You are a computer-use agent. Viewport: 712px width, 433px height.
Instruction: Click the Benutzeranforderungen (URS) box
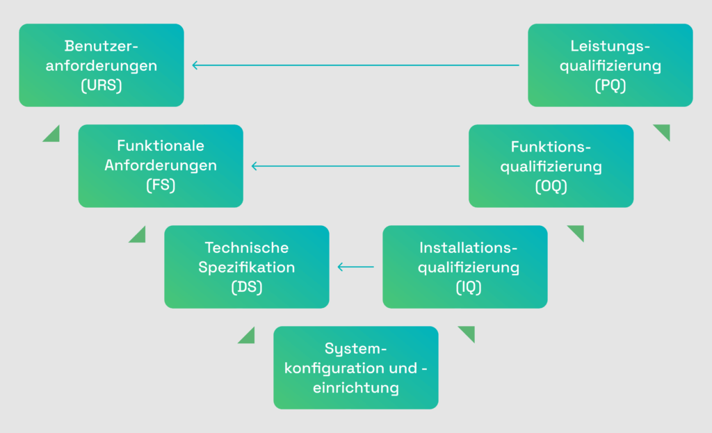(x=102, y=65)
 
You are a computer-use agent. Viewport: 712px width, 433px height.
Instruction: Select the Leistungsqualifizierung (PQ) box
(x=610, y=65)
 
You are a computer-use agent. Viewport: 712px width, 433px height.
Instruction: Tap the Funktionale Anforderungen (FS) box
(x=161, y=166)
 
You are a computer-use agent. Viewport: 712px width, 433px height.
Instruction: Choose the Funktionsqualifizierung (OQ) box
(x=551, y=166)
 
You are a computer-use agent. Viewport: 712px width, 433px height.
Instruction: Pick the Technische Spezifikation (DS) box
(x=246, y=267)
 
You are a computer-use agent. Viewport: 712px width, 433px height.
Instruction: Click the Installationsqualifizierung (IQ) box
(x=464, y=267)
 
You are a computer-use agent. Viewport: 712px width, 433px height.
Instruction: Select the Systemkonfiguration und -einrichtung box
(x=355, y=368)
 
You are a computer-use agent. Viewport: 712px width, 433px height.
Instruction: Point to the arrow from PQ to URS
(x=355, y=65)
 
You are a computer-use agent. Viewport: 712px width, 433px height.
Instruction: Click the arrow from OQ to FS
(x=355, y=166)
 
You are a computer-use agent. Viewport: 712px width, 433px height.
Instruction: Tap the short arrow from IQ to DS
(x=355, y=267)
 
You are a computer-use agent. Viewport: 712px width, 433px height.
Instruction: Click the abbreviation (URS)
(x=102, y=86)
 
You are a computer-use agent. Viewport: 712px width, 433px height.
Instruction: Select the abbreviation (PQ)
(x=610, y=86)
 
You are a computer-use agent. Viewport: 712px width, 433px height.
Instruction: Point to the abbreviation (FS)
(x=161, y=186)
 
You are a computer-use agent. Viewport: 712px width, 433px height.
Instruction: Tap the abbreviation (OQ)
(x=551, y=186)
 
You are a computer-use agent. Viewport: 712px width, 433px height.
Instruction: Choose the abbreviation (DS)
(x=247, y=287)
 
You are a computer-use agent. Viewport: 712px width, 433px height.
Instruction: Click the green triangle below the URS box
(x=53, y=135)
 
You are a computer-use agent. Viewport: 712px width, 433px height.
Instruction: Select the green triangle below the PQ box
(x=663, y=131)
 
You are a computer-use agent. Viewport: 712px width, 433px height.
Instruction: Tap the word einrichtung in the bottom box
(x=356, y=388)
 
